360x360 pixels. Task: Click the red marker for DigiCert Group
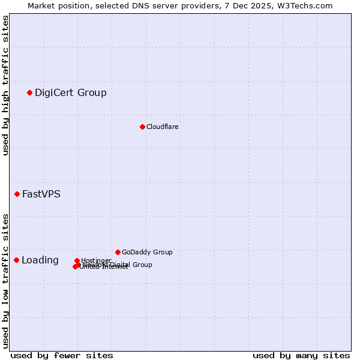pos(29,92)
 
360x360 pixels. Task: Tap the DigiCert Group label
pos(70,92)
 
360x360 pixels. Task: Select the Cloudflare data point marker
pos(142,127)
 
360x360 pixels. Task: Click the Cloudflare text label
pos(162,127)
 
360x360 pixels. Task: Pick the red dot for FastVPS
pos(17,194)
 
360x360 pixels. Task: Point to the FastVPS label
pos(41,194)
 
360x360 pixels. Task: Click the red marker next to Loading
pos(16,260)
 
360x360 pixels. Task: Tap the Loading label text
pos(40,260)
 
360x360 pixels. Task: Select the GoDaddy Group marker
pos(118,252)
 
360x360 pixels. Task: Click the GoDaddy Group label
pos(147,252)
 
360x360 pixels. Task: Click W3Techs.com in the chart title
pos(307,5)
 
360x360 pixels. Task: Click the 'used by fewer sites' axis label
pos(62,355)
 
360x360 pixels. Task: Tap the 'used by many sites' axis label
pos(301,355)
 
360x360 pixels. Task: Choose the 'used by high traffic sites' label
pos(5,85)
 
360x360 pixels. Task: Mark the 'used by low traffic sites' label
pos(5,280)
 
